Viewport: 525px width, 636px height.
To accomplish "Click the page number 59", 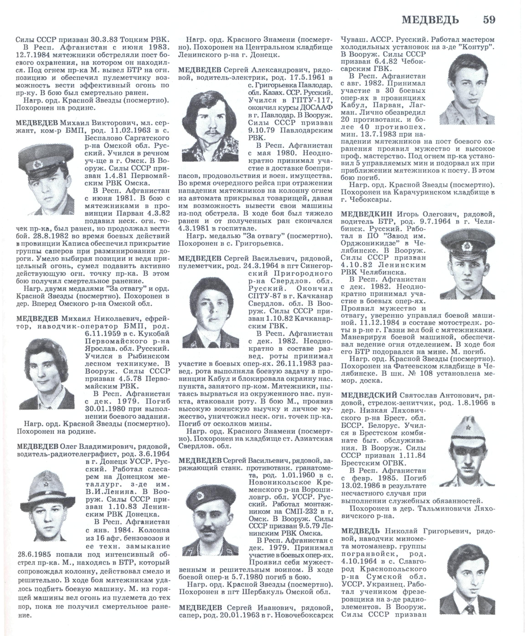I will click(489, 20).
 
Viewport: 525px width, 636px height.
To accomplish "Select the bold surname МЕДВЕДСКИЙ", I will click(369, 395).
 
